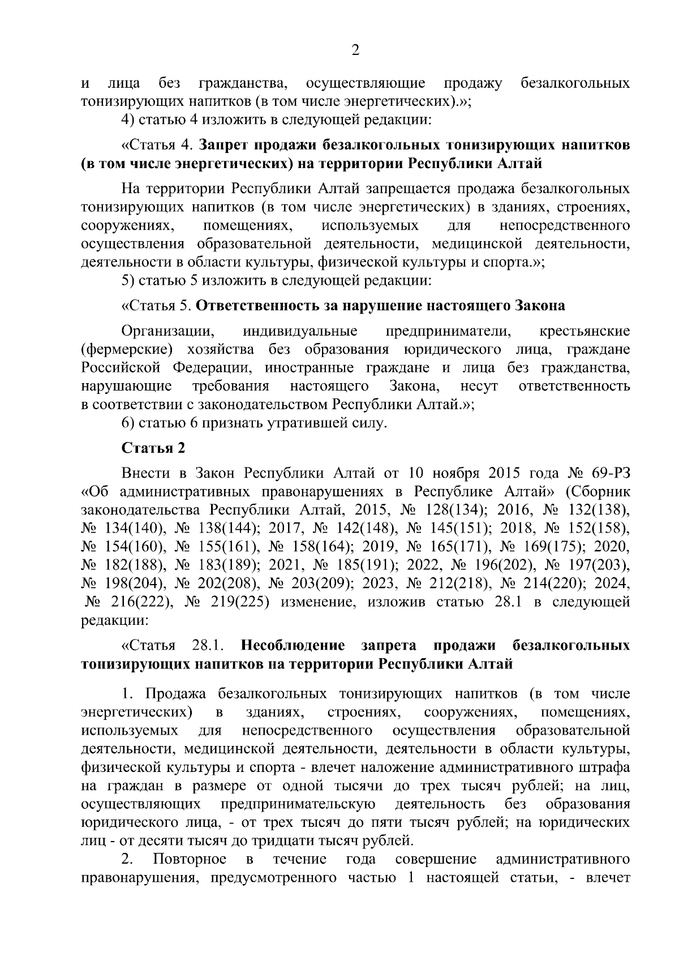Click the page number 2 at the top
coord(355,50)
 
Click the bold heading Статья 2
coord(153,448)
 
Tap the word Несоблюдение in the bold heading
coord(293,645)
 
